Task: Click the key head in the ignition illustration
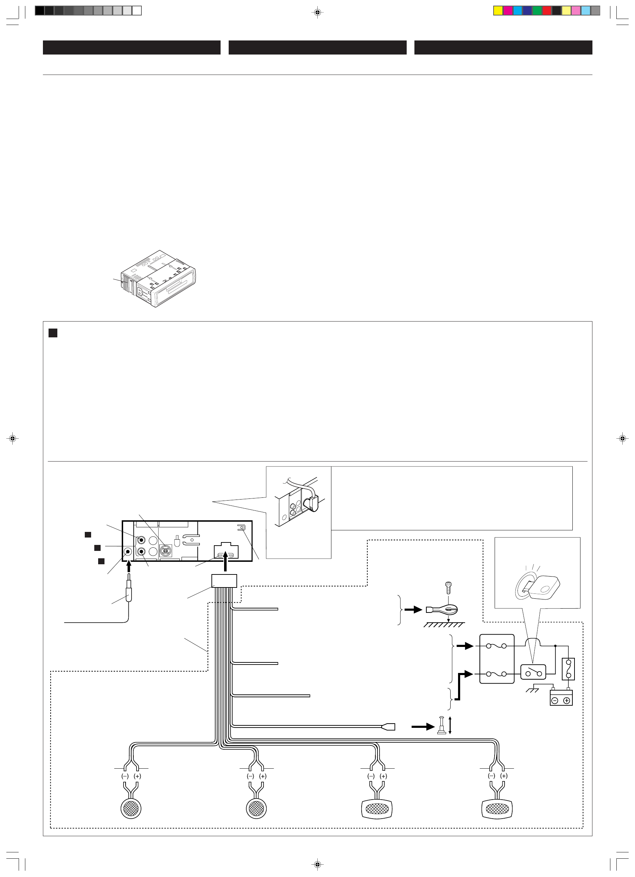point(545,587)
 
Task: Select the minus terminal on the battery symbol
point(554,701)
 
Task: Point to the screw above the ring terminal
point(449,587)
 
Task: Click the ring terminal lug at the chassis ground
point(442,610)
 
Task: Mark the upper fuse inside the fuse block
point(496,646)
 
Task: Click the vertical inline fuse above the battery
point(568,669)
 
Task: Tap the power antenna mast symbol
point(441,725)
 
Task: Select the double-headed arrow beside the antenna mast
point(450,725)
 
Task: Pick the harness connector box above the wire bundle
point(224,581)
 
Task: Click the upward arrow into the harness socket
point(226,561)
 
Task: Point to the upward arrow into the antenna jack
point(129,566)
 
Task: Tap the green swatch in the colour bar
point(537,11)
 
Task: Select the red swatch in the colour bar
point(547,11)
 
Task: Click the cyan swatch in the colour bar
point(518,11)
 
